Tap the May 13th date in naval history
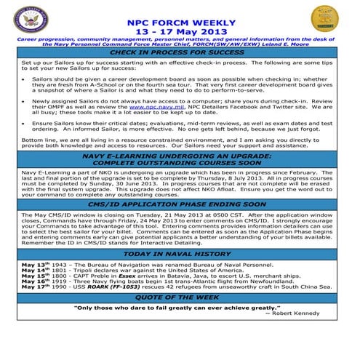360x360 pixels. click(33, 265)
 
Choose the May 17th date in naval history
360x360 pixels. click(33, 287)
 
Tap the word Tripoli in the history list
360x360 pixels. click(88, 271)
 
